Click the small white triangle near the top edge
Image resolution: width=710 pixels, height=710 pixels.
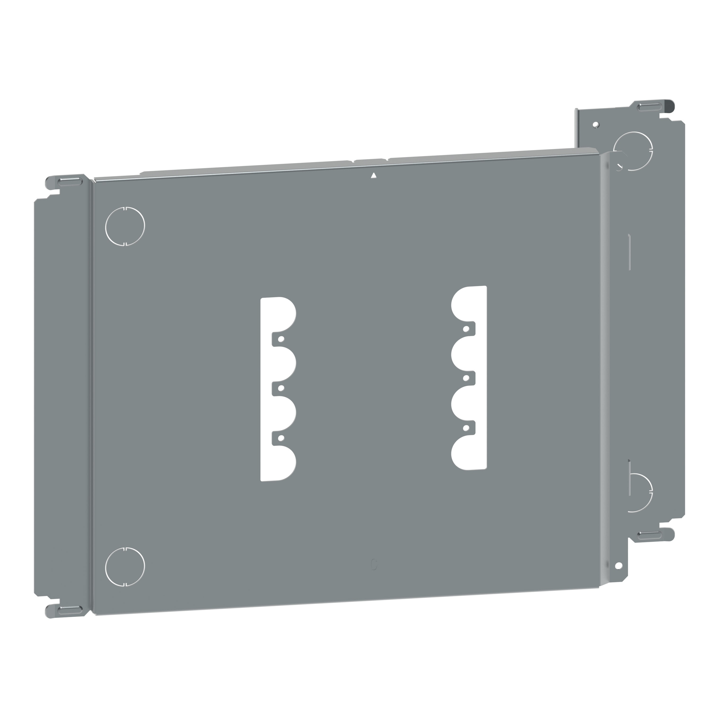(374, 176)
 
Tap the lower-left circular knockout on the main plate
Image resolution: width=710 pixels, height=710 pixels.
(125, 566)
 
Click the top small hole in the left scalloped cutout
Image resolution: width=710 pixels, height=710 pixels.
(281, 339)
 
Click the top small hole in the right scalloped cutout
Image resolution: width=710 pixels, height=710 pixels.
(466, 329)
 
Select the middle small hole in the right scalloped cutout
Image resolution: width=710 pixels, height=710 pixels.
(466, 378)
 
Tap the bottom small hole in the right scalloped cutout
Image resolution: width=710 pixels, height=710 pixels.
(466, 428)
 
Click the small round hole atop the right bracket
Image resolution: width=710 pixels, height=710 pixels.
(596, 125)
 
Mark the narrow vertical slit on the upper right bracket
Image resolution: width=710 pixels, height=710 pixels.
(630, 253)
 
